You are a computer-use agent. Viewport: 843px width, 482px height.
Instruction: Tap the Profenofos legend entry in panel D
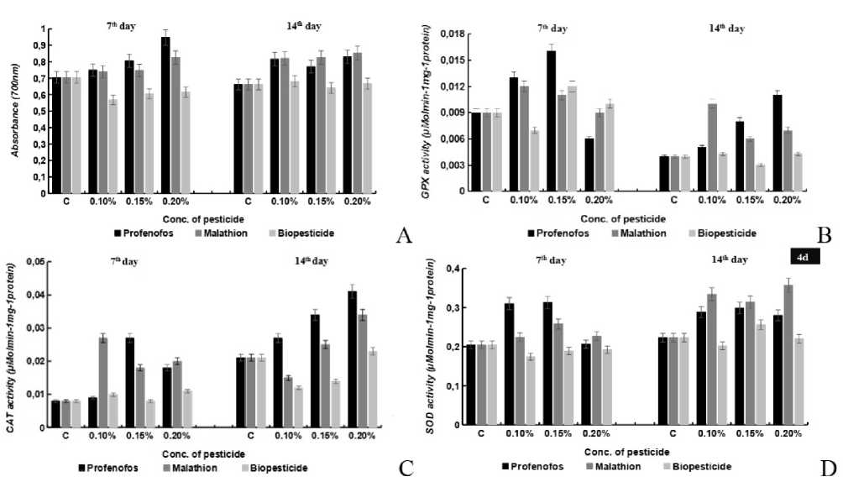click(534, 466)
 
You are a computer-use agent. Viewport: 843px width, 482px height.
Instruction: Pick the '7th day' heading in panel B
click(552, 28)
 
